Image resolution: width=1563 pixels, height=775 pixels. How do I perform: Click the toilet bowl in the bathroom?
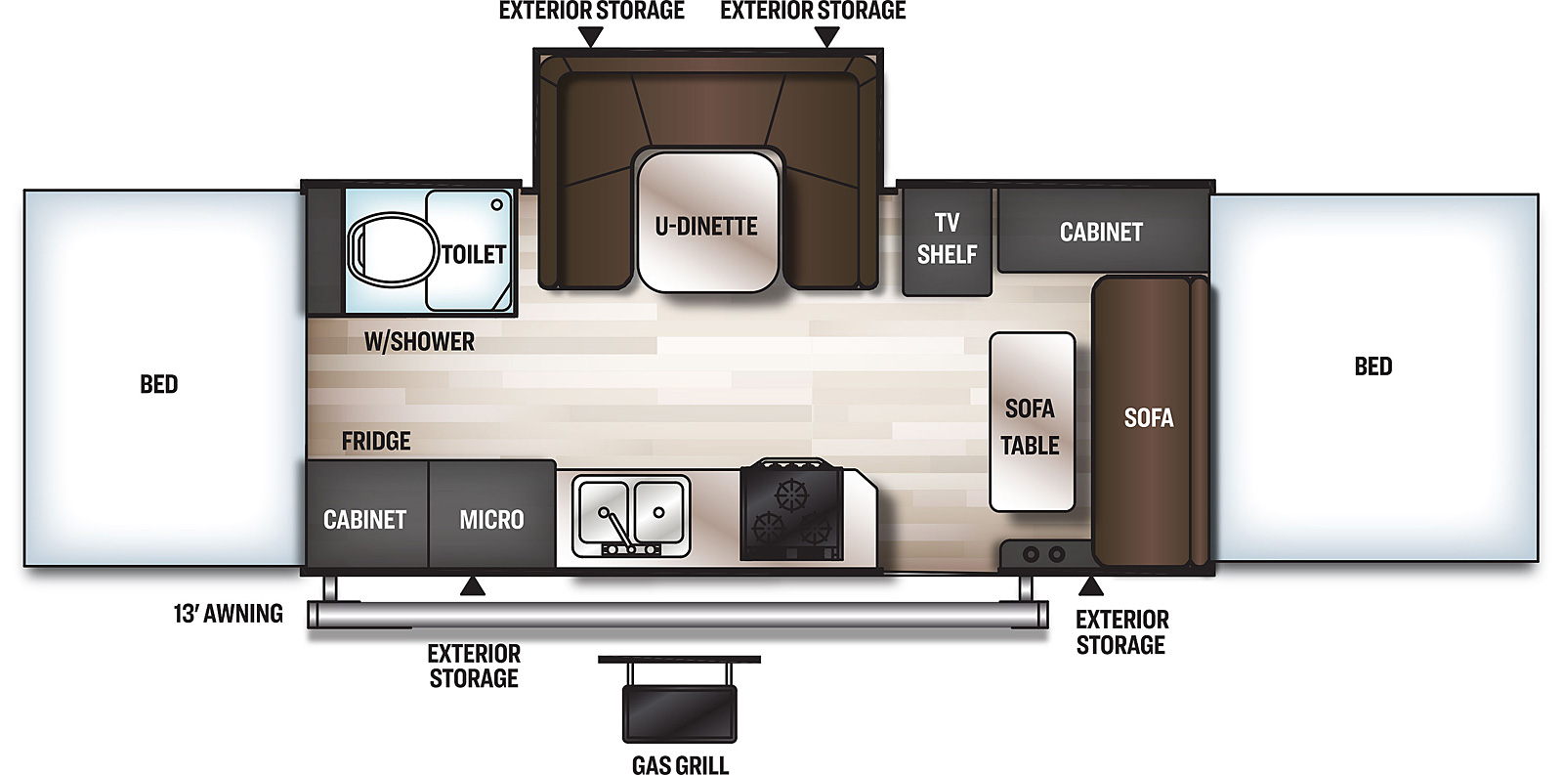[392, 249]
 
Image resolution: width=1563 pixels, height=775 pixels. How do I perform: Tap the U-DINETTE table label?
[706, 227]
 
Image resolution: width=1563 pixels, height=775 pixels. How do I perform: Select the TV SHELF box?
[946, 238]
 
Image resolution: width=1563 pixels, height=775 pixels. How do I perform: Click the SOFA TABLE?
[1032, 422]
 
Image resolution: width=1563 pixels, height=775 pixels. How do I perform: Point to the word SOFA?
[1148, 418]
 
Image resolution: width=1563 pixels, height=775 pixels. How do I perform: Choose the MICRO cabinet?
[491, 519]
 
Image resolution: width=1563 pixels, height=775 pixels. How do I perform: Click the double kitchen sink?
[630, 513]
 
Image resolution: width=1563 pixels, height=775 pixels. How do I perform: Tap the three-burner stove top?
[790, 512]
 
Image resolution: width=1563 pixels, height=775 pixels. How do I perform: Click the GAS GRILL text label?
[680, 765]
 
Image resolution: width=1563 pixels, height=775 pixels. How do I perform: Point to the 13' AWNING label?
[229, 614]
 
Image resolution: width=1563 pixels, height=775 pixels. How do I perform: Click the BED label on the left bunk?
[159, 384]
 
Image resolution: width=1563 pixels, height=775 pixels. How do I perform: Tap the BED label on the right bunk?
[1373, 366]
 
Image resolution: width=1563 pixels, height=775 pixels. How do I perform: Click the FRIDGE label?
[376, 442]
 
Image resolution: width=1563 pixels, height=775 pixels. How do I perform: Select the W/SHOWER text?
[419, 341]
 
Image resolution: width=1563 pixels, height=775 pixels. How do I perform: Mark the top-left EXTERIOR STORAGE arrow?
[591, 37]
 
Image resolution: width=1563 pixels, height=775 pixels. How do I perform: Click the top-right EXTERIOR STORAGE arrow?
[827, 37]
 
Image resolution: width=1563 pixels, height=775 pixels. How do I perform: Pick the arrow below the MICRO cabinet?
[473, 586]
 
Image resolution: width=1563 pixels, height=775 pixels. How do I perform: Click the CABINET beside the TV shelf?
[1101, 232]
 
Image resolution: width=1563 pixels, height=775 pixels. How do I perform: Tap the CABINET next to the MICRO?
[364, 519]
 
